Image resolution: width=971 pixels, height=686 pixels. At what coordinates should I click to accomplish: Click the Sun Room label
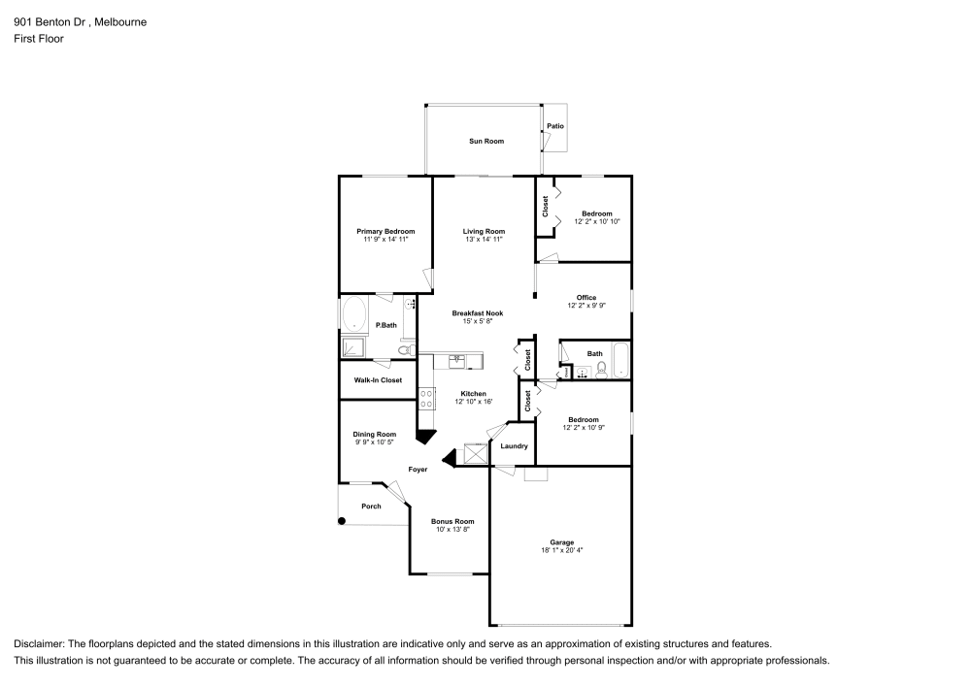point(486,142)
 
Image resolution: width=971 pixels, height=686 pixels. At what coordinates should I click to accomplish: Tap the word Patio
point(554,126)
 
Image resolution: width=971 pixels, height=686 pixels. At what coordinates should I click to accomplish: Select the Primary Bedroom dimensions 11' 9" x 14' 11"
point(385,239)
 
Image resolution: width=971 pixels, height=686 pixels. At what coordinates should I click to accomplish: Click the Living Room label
point(484,231)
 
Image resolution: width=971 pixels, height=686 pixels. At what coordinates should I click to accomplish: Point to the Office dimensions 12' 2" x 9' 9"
point(586,306)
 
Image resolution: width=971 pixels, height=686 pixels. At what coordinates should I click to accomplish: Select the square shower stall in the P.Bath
point(352,346)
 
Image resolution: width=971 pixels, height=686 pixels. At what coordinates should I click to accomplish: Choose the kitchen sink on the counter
point(456,361)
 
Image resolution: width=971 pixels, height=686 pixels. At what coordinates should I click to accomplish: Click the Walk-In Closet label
point(378,380)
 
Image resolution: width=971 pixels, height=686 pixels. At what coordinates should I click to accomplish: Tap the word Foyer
point(418,470)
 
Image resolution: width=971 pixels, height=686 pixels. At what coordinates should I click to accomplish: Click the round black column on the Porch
point(342,521)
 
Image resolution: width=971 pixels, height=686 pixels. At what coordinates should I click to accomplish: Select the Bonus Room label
point(454,521)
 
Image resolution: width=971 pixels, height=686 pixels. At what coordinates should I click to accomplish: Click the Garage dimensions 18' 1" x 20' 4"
point(561,550)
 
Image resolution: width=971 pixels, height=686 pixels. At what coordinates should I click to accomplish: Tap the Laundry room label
point(514,446)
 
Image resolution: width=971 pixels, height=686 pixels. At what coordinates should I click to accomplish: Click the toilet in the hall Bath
point(602,368)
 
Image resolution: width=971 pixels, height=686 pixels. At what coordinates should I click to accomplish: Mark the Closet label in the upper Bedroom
point(545,205)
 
